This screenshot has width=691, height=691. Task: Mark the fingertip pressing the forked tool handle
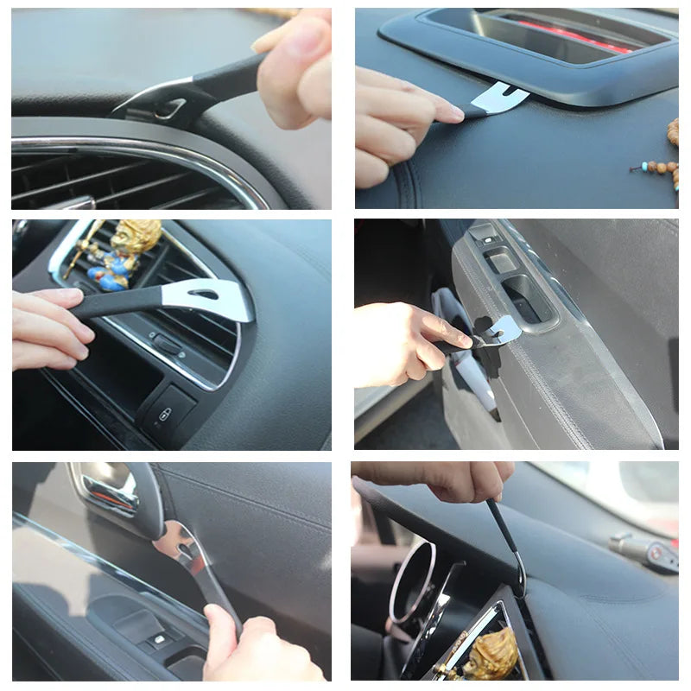(448, 113)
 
